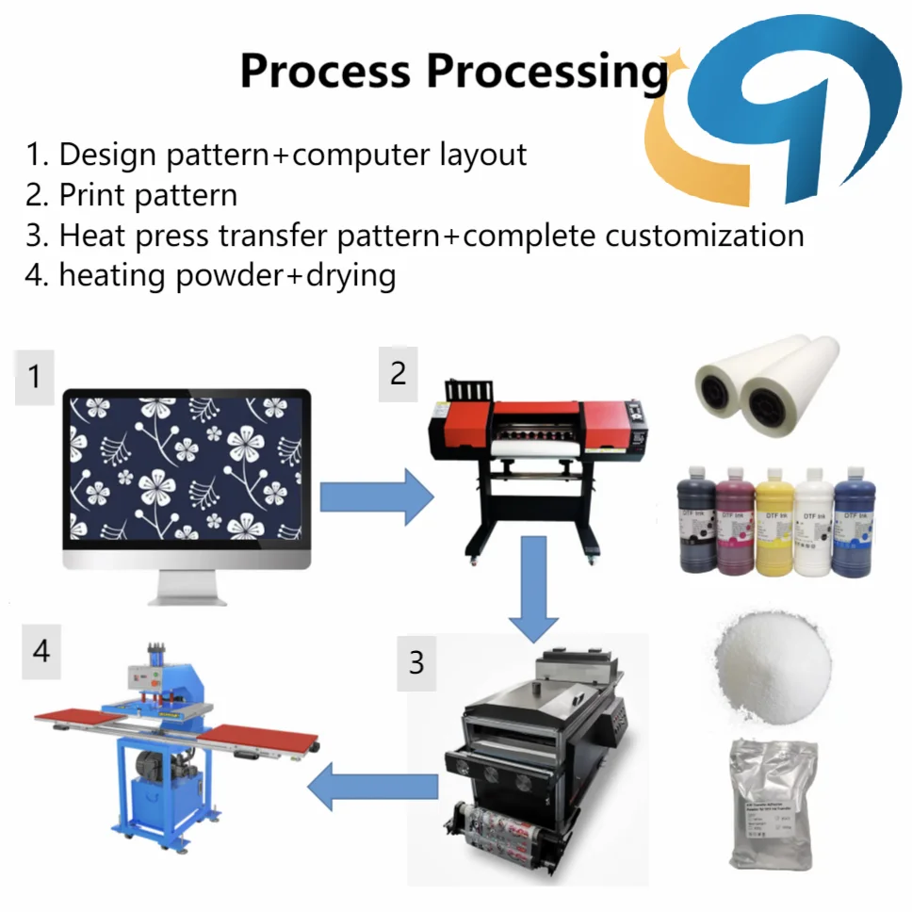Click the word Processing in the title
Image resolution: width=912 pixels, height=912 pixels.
coord(547,71)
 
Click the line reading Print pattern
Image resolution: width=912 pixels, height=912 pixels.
coord(131,194)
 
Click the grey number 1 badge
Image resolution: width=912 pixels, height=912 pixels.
coord(35,377)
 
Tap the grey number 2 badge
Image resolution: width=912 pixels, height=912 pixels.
coord(398,373)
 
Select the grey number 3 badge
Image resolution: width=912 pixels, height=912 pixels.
coord(415,662)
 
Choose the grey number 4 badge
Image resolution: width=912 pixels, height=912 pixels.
coord(41,650)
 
